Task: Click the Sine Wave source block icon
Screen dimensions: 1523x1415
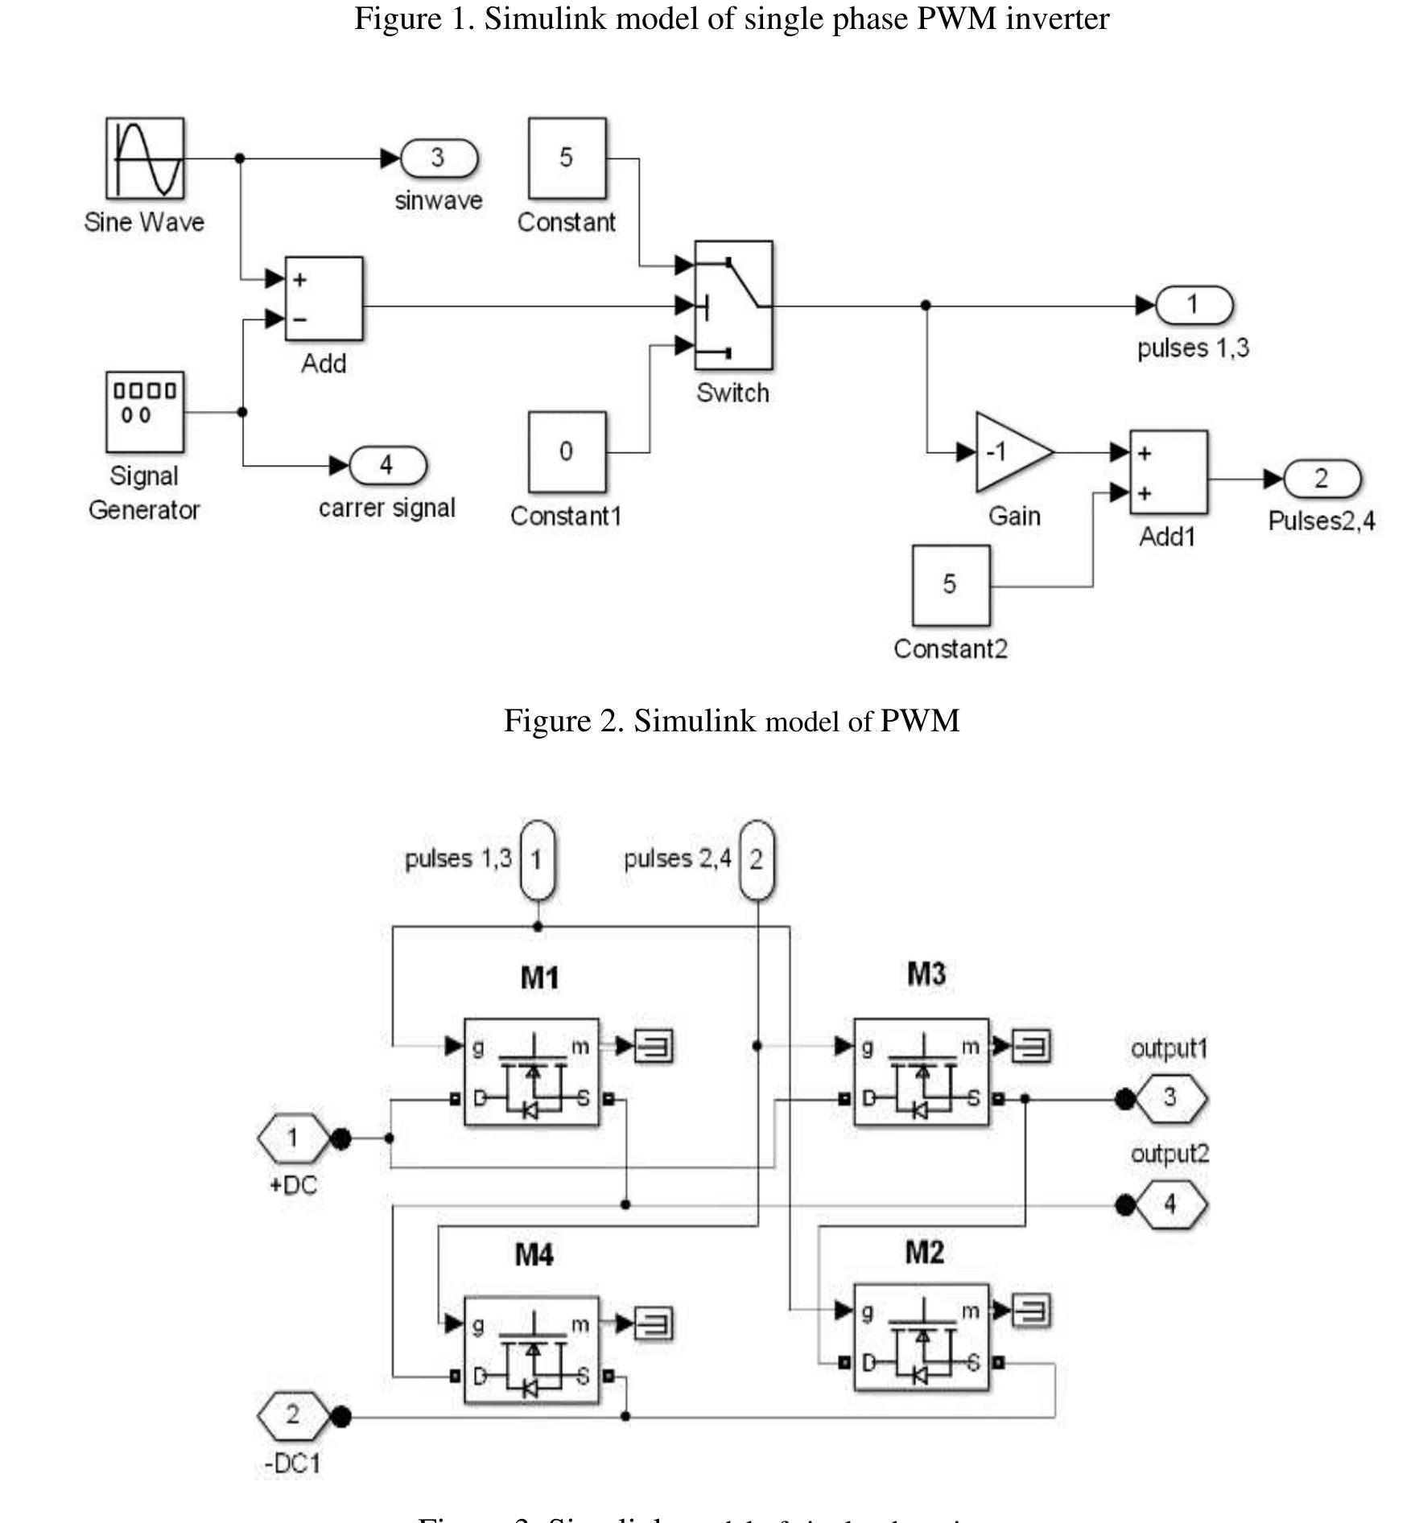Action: [145, 158]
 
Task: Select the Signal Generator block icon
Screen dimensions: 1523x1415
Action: [145, 411]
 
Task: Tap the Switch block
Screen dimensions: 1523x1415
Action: [733, 305]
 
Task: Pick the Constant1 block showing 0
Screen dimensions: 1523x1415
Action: [567, 451]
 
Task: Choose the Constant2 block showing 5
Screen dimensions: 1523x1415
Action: [951, 585]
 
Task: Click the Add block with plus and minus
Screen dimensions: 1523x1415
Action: [324, 298]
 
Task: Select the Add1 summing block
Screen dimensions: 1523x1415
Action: [1168, 472]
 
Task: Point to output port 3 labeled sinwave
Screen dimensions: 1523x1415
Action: [439, 158]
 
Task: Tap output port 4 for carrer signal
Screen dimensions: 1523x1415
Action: [388, 465]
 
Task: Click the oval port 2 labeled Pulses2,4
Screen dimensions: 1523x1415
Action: [1322, 479]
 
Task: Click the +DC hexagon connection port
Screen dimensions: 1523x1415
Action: [293, 1138]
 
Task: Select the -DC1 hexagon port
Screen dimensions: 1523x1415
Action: [293, 1415]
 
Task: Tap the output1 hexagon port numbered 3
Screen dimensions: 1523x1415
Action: [1170, 1097]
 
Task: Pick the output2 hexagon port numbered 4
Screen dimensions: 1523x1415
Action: [1170, 1204]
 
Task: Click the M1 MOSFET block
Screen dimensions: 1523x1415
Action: [531, 1072]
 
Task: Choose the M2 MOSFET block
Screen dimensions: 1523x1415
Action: [921, 1336]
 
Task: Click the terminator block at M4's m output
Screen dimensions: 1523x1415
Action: [654, 1323]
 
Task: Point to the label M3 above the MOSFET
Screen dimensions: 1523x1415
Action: [926, 973]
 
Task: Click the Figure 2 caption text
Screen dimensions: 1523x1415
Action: [731, 721]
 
